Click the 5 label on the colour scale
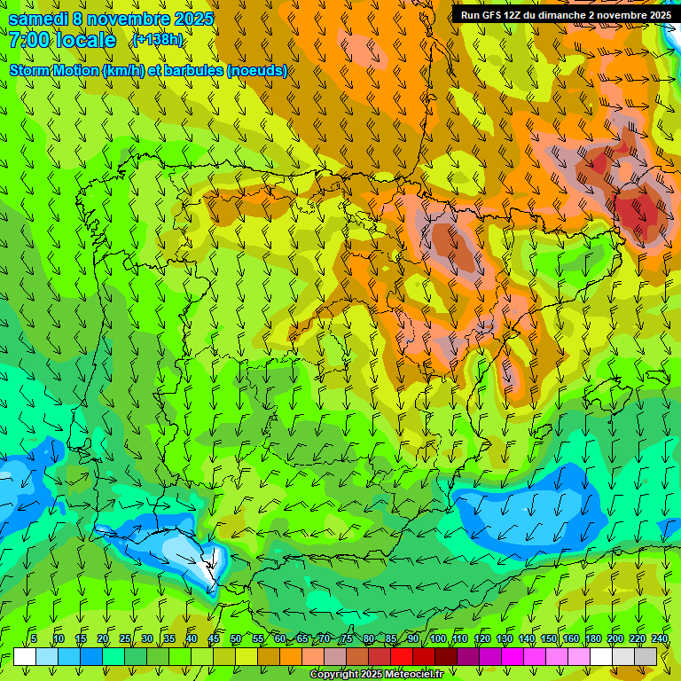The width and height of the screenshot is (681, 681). (34, 638)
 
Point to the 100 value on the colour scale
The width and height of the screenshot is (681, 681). (438, 638)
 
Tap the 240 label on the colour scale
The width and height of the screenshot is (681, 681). (660, 638)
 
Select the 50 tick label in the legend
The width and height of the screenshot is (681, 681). (236, 638)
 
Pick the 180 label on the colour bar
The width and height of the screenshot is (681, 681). (593, 638)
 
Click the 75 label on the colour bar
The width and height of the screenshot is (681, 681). (347, 638)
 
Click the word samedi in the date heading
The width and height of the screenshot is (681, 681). (39, 19)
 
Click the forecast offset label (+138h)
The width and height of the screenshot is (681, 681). (157, 40)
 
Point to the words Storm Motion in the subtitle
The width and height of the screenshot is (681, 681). (53, 71)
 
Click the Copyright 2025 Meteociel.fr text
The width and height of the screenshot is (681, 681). (375, 675)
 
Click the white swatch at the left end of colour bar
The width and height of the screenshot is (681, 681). (24, 656)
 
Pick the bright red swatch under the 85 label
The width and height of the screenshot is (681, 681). (402, 656)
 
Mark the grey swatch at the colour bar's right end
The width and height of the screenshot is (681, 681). (646, 656)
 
